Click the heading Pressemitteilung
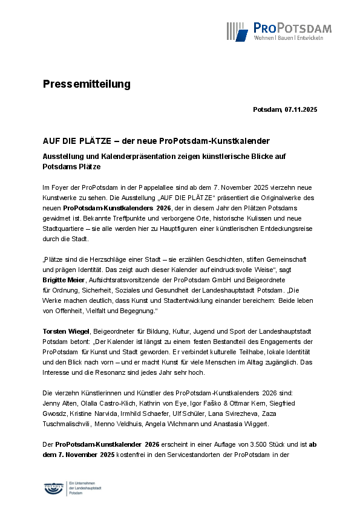coord(87,84)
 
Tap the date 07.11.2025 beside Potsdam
coord(301,109)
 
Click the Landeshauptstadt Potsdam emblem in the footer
coord(55,487)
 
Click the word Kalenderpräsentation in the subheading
coord(127,156)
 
